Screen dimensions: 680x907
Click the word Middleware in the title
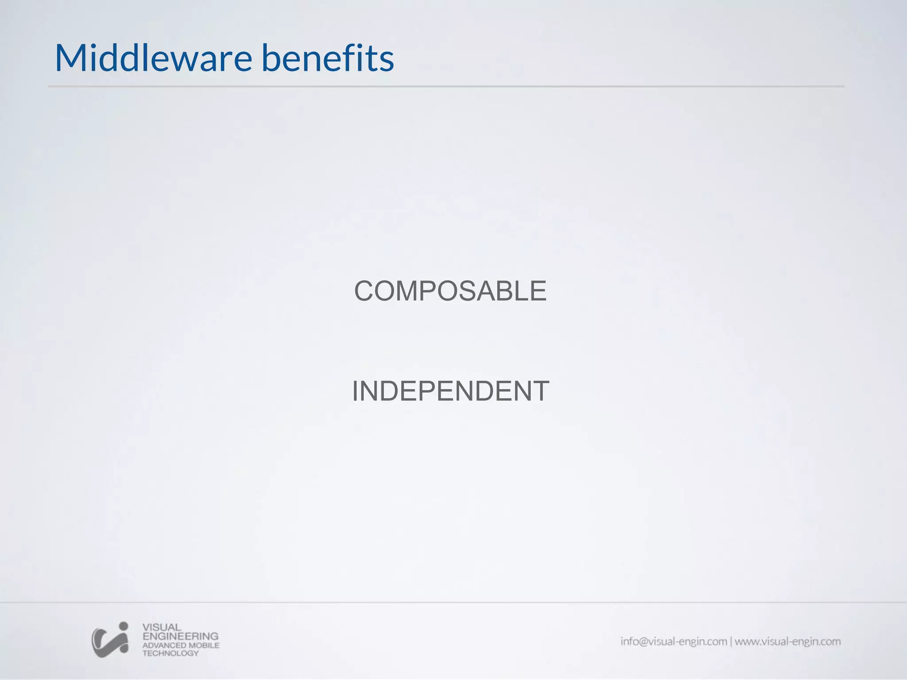153,58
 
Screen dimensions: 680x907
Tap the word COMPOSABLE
450,291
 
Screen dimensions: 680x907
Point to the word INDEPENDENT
450,391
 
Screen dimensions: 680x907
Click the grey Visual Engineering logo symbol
110,641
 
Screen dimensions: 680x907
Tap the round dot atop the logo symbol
124,626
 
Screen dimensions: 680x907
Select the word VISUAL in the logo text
162,627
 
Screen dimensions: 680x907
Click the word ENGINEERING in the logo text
180,636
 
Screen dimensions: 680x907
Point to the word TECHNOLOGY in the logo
171,653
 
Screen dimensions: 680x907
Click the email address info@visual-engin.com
674,641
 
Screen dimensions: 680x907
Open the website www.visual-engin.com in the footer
787,641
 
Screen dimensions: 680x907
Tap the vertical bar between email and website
731,641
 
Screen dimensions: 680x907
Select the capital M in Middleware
71,58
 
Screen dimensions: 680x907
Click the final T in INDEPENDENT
539,391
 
